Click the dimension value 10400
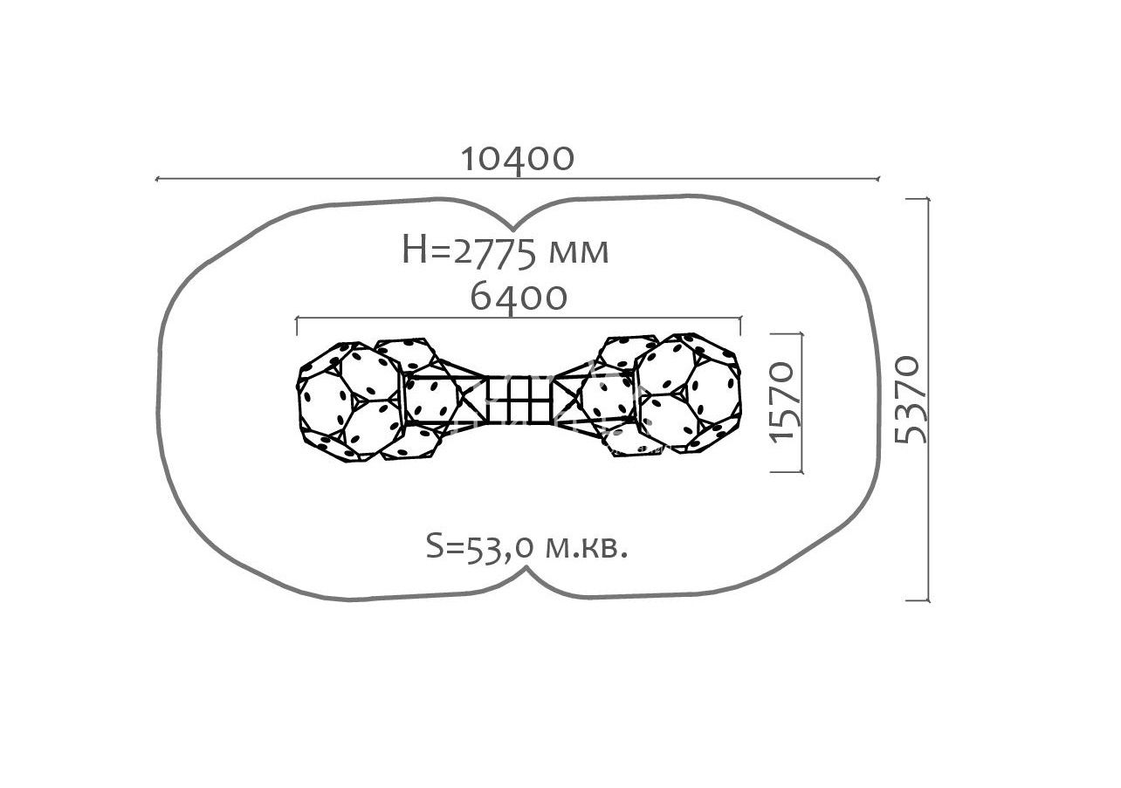click(x=517, y=158)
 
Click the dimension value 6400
click(x=519, y=298)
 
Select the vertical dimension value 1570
click(x=783, y=401)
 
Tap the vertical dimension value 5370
click(x=908, y=400)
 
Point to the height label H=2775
click(x=471, y=250)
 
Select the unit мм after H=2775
click(x=579, y=254)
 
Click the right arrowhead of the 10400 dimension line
click(x=877, y=179)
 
